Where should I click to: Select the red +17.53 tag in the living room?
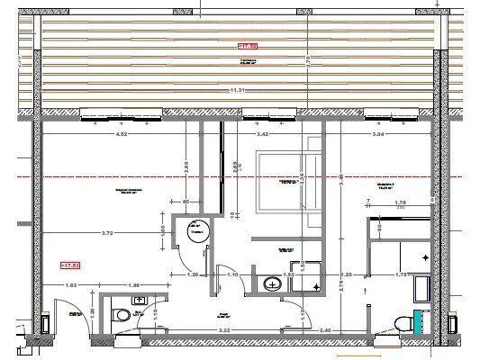click(x=69, y=265)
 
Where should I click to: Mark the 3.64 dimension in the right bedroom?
click(x=378, y=135)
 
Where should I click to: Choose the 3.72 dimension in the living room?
click(x=107, y=232)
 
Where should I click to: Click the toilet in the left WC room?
click(x=123, y=316)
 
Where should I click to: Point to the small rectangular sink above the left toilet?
click(x=140, y=299)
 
